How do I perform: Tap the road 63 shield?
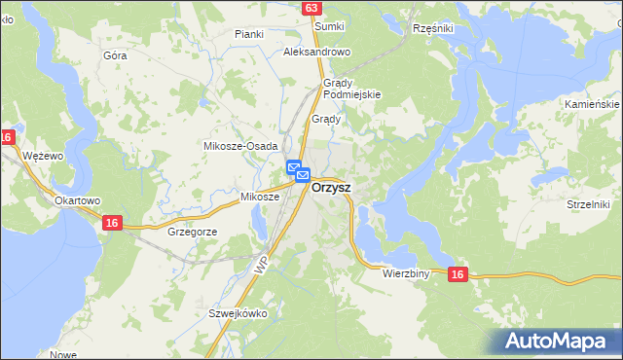(311, 8)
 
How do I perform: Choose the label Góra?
(115, 55)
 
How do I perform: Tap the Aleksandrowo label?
(316, 52)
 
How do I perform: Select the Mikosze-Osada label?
(240, 146)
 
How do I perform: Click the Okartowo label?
(78, 201)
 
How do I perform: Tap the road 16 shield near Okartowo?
(113, 224)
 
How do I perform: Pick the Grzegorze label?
(192, 233)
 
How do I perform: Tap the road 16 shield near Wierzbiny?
(458, 276)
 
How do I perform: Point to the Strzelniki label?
(588, 204)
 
